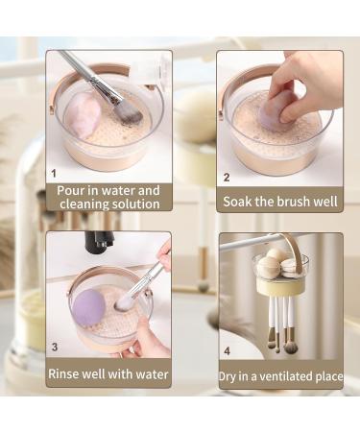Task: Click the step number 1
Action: point(54,175)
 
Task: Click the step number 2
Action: point(227,178)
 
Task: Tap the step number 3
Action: point(54,347)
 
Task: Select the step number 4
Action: point(227,349)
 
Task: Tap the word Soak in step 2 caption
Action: point(240,202)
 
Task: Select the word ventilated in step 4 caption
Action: point(287,376)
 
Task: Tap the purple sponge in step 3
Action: point(88,306)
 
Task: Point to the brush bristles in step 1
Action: point(127,112)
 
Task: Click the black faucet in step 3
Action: point(99,242)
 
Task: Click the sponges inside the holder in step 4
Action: point(278,264)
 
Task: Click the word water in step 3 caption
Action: point(148,373)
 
